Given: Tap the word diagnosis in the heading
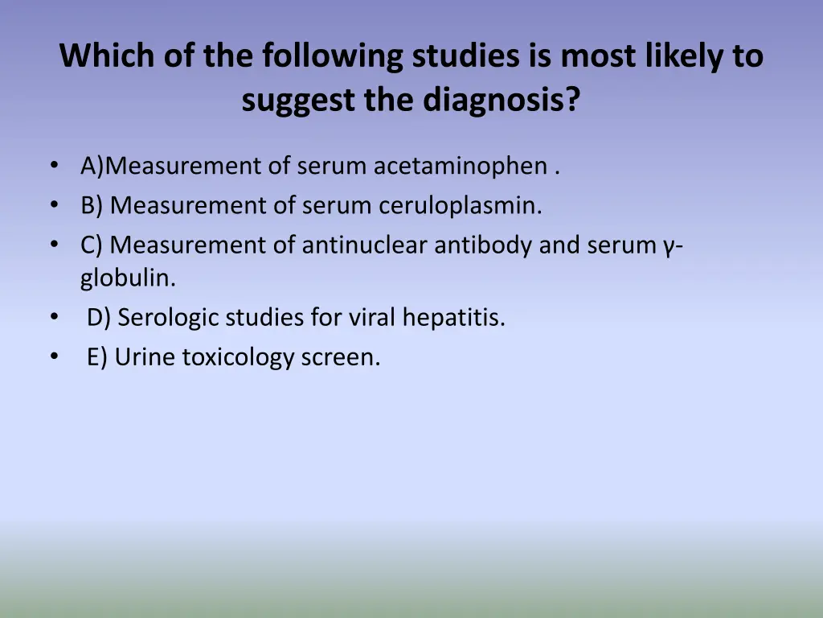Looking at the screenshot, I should tap(499, 100).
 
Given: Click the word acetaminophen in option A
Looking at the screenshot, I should tap(460, 167).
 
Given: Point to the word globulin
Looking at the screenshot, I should tap(127, 278).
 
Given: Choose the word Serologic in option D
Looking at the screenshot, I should tap(168, 318).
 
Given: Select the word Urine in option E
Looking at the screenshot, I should tap(145, 357).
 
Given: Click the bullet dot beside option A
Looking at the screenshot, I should tap(54, 166).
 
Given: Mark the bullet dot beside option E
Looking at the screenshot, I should tap(54, 356).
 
